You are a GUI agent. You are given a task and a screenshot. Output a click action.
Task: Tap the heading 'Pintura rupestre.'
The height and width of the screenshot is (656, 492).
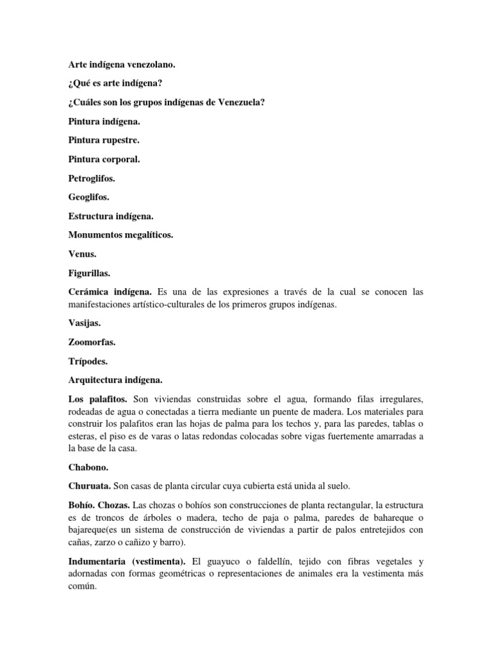tap(103, 140)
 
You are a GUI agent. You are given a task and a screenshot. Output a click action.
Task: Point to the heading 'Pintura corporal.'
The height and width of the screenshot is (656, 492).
tap(103, 159)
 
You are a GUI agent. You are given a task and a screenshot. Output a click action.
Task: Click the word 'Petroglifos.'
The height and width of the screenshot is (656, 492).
tap(92, 178)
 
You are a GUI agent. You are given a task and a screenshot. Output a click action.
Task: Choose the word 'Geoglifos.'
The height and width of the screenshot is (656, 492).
tap(89, 197)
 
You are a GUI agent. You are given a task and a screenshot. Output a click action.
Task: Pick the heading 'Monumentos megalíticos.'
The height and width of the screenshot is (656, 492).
tap(121, 235)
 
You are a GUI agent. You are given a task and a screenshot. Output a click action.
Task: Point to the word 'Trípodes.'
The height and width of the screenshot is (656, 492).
tap(88, 362)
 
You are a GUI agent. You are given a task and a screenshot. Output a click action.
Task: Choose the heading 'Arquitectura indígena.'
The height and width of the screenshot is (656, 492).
tap(116, 381)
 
